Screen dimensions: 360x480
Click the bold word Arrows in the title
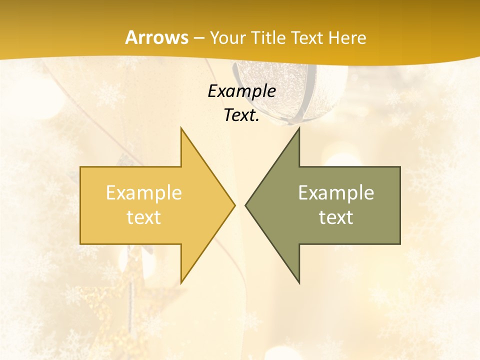click(156, 37)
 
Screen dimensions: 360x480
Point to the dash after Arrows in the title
click(198, 38)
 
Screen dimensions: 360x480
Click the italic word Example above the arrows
click(241, 91)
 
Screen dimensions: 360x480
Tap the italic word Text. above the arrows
click(241, 115)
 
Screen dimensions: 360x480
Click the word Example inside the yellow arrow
click(144, 192)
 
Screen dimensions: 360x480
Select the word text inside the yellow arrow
click(144, 217)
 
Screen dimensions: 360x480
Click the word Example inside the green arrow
click(336, 192)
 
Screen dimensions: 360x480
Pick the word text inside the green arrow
click(336, 217)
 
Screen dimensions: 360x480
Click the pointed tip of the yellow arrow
click(234, 205)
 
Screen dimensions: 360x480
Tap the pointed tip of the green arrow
click(245, 205)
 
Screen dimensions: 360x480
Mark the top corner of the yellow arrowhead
click(181, 128)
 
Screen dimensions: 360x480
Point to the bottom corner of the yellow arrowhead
click(181, 282)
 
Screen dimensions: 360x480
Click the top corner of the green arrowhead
click(299, 128)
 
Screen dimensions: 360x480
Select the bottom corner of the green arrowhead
click(299, 282)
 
